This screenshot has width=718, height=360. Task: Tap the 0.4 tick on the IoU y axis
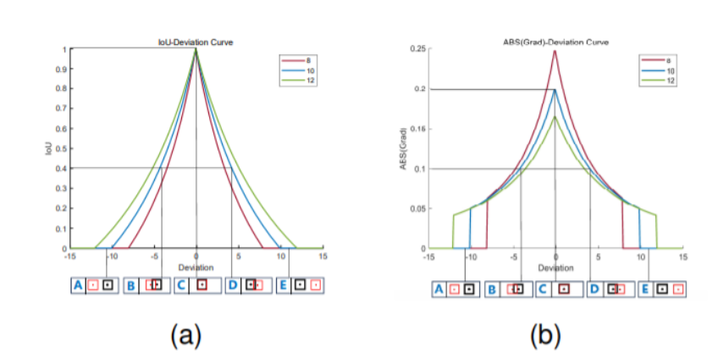click(60, 168)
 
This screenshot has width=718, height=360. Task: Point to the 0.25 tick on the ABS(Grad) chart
click(417, 49)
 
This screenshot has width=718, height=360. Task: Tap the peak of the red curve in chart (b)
click(555, 50)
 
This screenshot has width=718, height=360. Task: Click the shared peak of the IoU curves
click(196, 50)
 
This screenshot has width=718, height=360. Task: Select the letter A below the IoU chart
click(78, 285)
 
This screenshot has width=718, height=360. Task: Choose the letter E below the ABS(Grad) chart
click(645, 290)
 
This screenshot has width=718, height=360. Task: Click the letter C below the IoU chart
click(180, 285)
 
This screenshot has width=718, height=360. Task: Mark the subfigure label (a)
click(186, 335)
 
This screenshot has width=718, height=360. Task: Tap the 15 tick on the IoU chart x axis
click(323, 255)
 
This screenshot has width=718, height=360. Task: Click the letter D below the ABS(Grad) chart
click(594, 290)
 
